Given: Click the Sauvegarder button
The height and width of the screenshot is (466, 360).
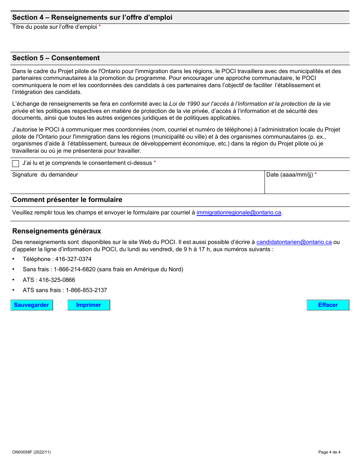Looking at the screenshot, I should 31,305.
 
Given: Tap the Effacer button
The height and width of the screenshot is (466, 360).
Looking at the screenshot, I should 328,305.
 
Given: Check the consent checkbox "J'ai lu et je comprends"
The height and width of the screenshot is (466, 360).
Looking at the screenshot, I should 16,164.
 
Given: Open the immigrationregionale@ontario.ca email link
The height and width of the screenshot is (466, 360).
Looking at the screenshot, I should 239,213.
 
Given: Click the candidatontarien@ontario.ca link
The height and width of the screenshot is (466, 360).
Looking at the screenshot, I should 294,242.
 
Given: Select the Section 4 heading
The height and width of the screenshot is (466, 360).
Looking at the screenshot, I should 92,17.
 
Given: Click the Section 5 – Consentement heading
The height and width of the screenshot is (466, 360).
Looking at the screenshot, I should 56,58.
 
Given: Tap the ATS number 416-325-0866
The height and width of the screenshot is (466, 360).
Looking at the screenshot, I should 57,280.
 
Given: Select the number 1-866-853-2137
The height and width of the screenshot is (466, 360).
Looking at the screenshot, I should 86,290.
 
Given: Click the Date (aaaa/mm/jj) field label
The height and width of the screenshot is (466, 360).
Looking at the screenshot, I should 290,175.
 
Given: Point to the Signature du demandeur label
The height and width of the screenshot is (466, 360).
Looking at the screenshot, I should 45,175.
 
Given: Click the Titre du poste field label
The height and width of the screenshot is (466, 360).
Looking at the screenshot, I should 55,27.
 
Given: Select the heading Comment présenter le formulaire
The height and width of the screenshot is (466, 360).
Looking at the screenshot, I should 67,200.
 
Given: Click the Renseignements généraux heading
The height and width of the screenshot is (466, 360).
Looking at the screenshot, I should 56,231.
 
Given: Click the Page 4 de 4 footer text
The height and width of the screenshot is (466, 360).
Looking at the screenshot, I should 329,452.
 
